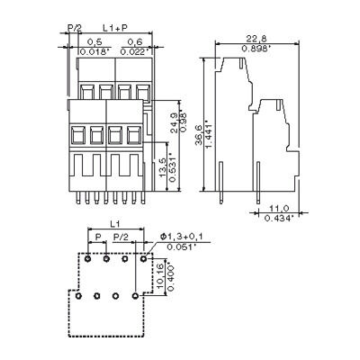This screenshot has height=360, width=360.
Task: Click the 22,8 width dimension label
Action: (256, 39)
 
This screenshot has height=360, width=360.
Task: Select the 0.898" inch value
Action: (256, 49)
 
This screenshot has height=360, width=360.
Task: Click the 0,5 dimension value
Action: (93, 43)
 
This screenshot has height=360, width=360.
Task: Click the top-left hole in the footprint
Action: (87, 262)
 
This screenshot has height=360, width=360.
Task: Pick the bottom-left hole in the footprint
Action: (78, 295)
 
